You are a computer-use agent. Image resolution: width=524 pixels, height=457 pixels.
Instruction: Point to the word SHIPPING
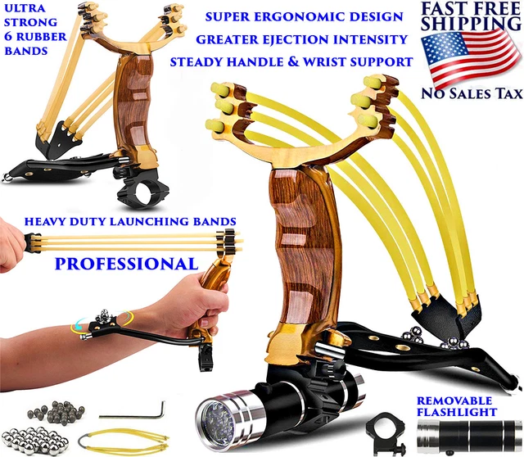[472, 25]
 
